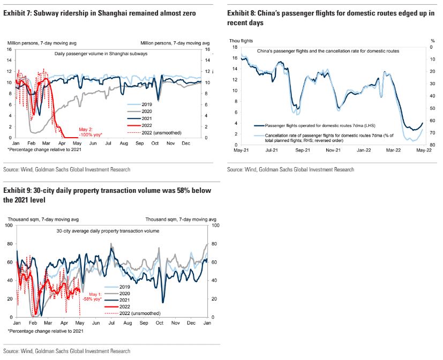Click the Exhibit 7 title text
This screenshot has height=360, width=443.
tap(100, 12)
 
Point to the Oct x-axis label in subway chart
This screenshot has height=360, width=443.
tap(155, 144)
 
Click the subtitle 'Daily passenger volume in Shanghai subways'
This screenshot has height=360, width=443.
tap(101, 54)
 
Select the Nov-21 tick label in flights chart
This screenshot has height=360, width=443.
tap(334, 151)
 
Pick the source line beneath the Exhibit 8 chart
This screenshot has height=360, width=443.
tap(290, 170)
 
